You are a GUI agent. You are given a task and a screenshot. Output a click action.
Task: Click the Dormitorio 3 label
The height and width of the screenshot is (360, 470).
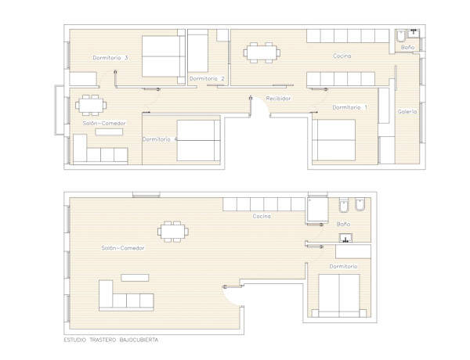click(110, 57)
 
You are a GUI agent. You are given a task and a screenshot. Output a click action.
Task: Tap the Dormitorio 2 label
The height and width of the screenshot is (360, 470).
click(207, 78)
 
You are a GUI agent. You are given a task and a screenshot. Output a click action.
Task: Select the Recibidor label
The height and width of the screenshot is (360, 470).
click(278, 99)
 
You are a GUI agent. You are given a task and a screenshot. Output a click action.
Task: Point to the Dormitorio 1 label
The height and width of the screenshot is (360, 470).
click(350, 107)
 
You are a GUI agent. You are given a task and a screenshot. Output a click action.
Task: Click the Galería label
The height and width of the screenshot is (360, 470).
click(407, 111)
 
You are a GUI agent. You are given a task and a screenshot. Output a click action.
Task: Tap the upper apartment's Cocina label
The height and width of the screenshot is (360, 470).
click(342, 56)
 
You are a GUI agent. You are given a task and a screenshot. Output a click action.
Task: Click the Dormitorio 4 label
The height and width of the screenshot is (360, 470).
click(160, 139)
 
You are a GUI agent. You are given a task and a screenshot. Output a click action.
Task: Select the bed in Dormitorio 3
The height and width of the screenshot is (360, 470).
click(164, 56)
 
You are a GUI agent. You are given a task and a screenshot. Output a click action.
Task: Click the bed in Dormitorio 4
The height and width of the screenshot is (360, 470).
click(198, 140)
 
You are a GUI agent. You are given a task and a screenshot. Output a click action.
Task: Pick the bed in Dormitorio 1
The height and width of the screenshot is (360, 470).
click(334, 140)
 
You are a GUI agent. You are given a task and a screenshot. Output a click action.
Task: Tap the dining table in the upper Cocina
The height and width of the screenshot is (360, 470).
click(262, 52)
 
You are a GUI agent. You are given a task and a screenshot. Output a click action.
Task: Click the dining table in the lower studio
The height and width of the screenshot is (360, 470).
click(173, 232)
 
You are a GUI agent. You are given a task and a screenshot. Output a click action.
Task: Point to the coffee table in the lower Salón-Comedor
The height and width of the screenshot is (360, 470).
click(135, 278)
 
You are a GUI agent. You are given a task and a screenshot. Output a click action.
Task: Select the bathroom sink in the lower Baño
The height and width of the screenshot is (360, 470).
click(345, 238)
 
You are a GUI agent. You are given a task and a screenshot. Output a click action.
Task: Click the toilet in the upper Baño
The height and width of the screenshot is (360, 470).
click(400, 36)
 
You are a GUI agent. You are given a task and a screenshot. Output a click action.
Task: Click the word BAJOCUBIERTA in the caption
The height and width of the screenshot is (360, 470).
click(139, 340)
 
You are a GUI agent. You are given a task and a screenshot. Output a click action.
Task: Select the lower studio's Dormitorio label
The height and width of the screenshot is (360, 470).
click(343, 266)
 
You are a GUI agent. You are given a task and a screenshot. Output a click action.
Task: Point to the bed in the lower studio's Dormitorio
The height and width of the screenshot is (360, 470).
click(339, 296)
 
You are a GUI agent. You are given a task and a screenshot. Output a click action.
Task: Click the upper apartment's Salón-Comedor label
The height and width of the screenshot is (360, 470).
click(104, 123)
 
